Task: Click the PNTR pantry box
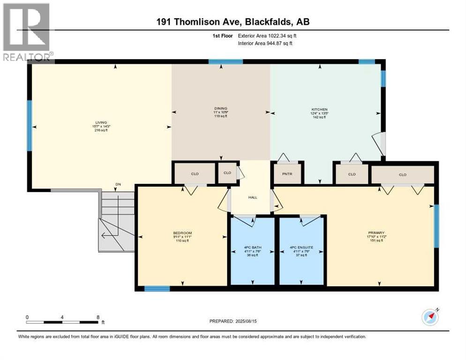coord(287,173)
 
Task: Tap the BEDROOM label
coord(182,233)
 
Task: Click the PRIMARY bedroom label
coord(376,233)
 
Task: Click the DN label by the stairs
coord(119,185)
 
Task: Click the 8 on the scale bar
coord(97,317)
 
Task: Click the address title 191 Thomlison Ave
coord(233,22)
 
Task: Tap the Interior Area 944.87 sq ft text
coord(268,44)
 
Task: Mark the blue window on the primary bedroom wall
coord(436,226)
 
